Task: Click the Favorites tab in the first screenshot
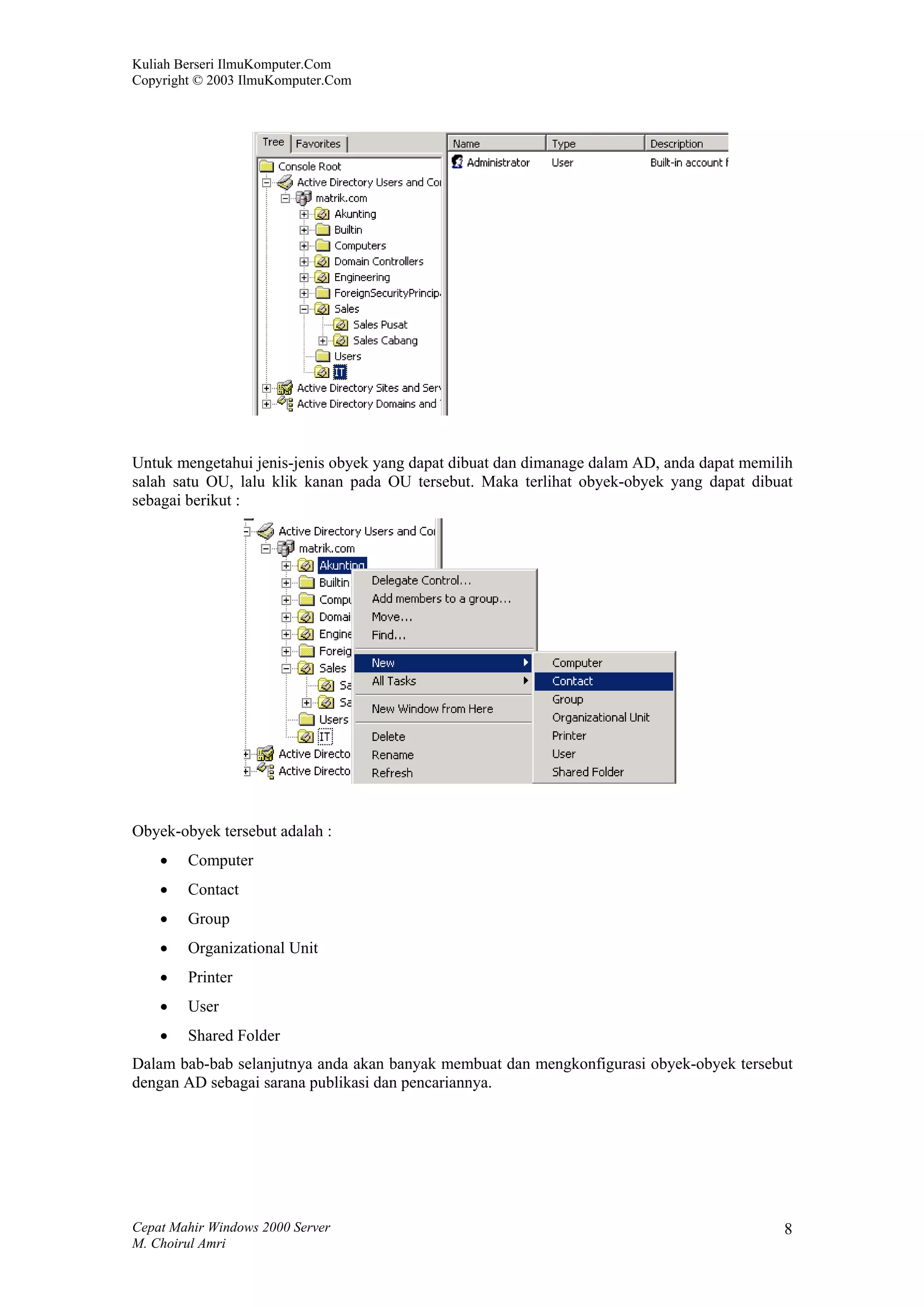318,143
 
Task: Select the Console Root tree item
309,166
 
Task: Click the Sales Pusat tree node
380,324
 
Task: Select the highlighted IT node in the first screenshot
339,372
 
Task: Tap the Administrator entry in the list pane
498,163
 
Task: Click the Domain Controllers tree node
379,261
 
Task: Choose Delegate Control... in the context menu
421,580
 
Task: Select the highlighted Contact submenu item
572,681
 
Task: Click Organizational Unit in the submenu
601,717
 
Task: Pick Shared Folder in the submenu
587,772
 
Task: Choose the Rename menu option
392,755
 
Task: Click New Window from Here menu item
432,709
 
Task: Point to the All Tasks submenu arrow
526,681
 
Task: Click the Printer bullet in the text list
210,977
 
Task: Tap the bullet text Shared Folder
234,1035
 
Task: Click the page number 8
788,1229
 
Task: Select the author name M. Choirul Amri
179,1243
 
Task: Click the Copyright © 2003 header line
241,80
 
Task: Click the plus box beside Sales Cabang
323,341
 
